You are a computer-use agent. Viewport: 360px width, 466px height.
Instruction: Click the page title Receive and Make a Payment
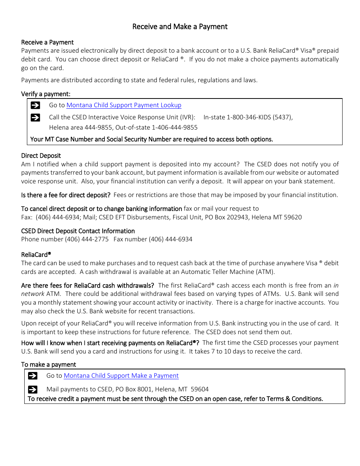pos(180,27)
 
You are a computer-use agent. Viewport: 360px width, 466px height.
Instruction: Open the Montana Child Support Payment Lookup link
pos(124,105)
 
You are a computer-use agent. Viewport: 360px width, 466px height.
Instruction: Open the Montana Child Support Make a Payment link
pos(121,376)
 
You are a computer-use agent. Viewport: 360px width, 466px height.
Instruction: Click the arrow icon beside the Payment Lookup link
pos(35,105)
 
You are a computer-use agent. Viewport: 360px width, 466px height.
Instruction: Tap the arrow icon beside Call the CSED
pos(35,117)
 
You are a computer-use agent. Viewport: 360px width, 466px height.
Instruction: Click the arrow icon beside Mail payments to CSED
pos(33,389)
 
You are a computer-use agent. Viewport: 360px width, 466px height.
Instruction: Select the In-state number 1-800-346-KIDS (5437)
pos(260,117)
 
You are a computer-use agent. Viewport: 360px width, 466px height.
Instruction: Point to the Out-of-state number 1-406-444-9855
pos(175,128)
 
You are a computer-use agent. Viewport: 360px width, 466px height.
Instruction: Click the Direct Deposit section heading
pos(41,156)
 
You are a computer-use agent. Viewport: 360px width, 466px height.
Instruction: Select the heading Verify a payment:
pos(46,94)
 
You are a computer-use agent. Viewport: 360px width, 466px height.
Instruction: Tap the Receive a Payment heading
pos(47,42)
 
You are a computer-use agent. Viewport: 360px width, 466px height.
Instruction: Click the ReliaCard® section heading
pos(36,255)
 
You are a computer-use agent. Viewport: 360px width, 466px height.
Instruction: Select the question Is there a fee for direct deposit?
pos(66,195)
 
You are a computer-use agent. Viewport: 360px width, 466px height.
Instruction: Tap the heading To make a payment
pos(49,364)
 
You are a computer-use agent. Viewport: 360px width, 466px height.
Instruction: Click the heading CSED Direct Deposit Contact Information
pos(78,231)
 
